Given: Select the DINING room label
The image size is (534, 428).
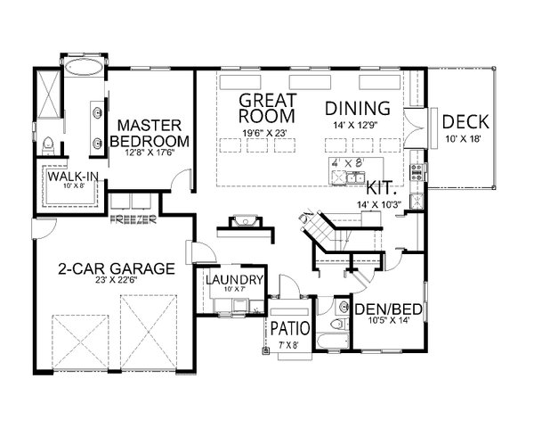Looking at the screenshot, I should click(x=358, y=108).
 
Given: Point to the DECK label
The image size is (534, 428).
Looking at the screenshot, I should click(x=465, y=122).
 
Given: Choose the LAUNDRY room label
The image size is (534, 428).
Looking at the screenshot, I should click(x=233, y=280).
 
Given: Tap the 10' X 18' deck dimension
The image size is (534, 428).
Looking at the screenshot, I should click(x=465, y=138).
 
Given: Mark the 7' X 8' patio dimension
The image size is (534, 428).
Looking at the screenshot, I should click(x=290, y=343).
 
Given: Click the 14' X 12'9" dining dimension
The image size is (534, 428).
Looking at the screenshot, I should click(x=358, y=124).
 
